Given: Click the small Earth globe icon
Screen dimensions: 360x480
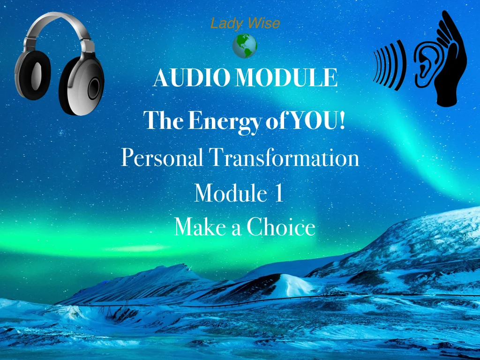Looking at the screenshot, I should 245,46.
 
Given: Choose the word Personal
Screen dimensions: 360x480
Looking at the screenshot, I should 162,158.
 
